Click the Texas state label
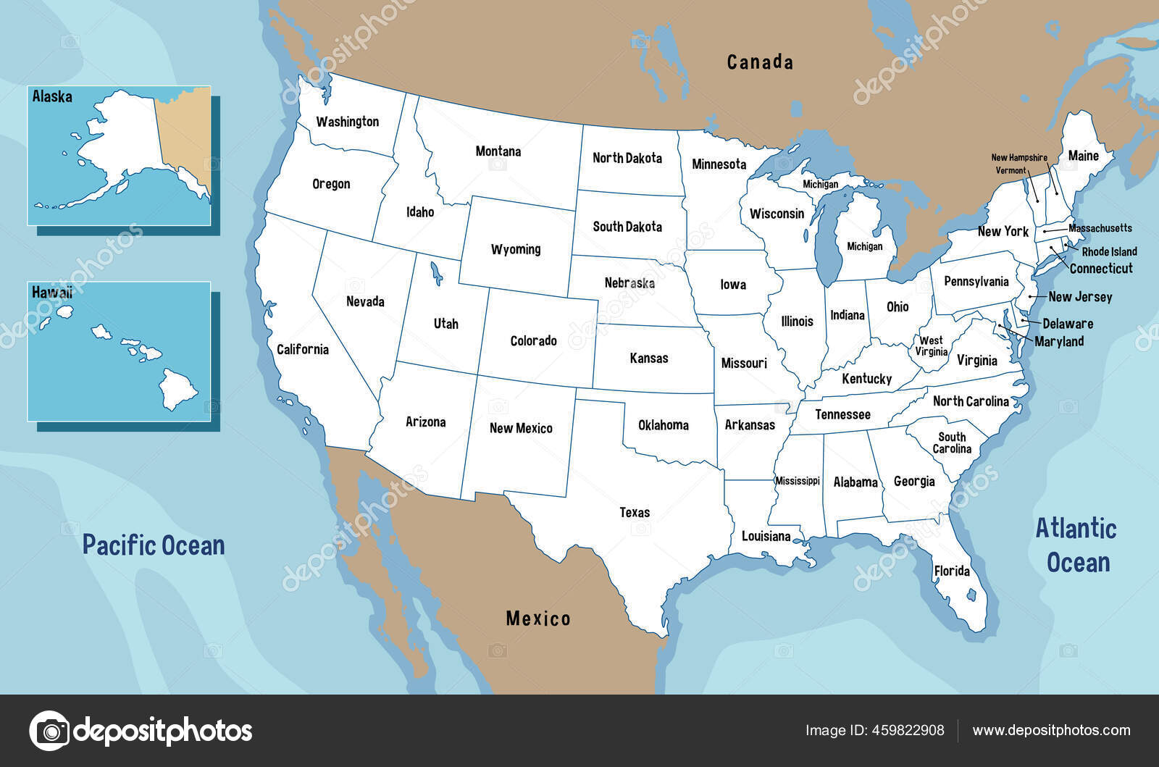pyautogui.click(x=635, y=513)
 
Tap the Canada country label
pyautogui.click(x=760, y=62)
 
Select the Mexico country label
pyautogui.click(x=537, y=619)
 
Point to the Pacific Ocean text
pyautogui.click(x=154, y=545)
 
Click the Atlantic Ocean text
pyautogui.click(x=1076, y=545)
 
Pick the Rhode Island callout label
pyautogui.click(x=1109, y=252)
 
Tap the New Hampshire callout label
pyautogui.click(x=1019, y=158)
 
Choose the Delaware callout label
pyautogui.click(x=1068, y=324)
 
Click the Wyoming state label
pyautogui.click(x=516, y=249)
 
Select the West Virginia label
pyautogui.click(x=932, y=346)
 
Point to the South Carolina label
pyautogui.click(x=952, y=443)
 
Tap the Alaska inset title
pyautogui.click(x=52, y=96)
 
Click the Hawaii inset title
pyautogui.click(x=51, y=293)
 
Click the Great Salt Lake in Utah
pyautogui.click(x=436, y=274)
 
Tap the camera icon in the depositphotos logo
pyautogui.click(x=50, y=730)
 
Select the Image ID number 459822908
pyautogui.click(x=908, y=730)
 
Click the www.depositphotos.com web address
pyautogui.click(x=1051, y=730)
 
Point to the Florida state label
pyautogui.click(x=952, y=571)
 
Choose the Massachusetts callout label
pyautogui.click(x=1100, y=228)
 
